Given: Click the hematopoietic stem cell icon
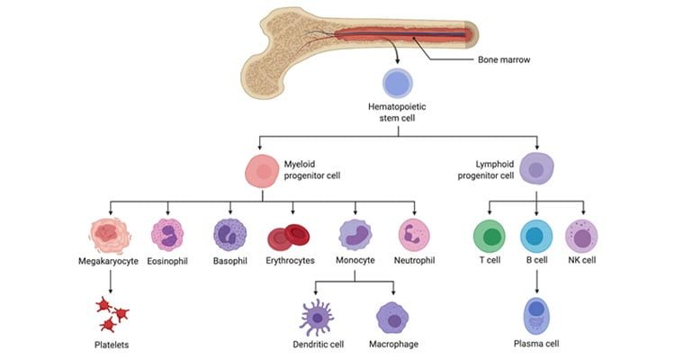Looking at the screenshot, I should pos(397,85).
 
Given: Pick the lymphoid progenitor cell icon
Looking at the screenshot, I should pos(537,168).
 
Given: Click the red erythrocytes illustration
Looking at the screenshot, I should pos(289,238).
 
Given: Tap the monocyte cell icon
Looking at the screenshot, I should pos(355,236).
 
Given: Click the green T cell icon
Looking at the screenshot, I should pos(490,237).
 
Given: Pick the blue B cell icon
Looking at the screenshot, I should pos(537,237).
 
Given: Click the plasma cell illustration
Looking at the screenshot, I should pos(538,316).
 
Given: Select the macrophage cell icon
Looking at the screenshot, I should pos(393,318).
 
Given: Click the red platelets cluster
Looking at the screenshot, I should pos(112,313).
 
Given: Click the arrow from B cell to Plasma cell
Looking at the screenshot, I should pos(537,280).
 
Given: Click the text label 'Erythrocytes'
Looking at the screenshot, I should pos(289,262).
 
